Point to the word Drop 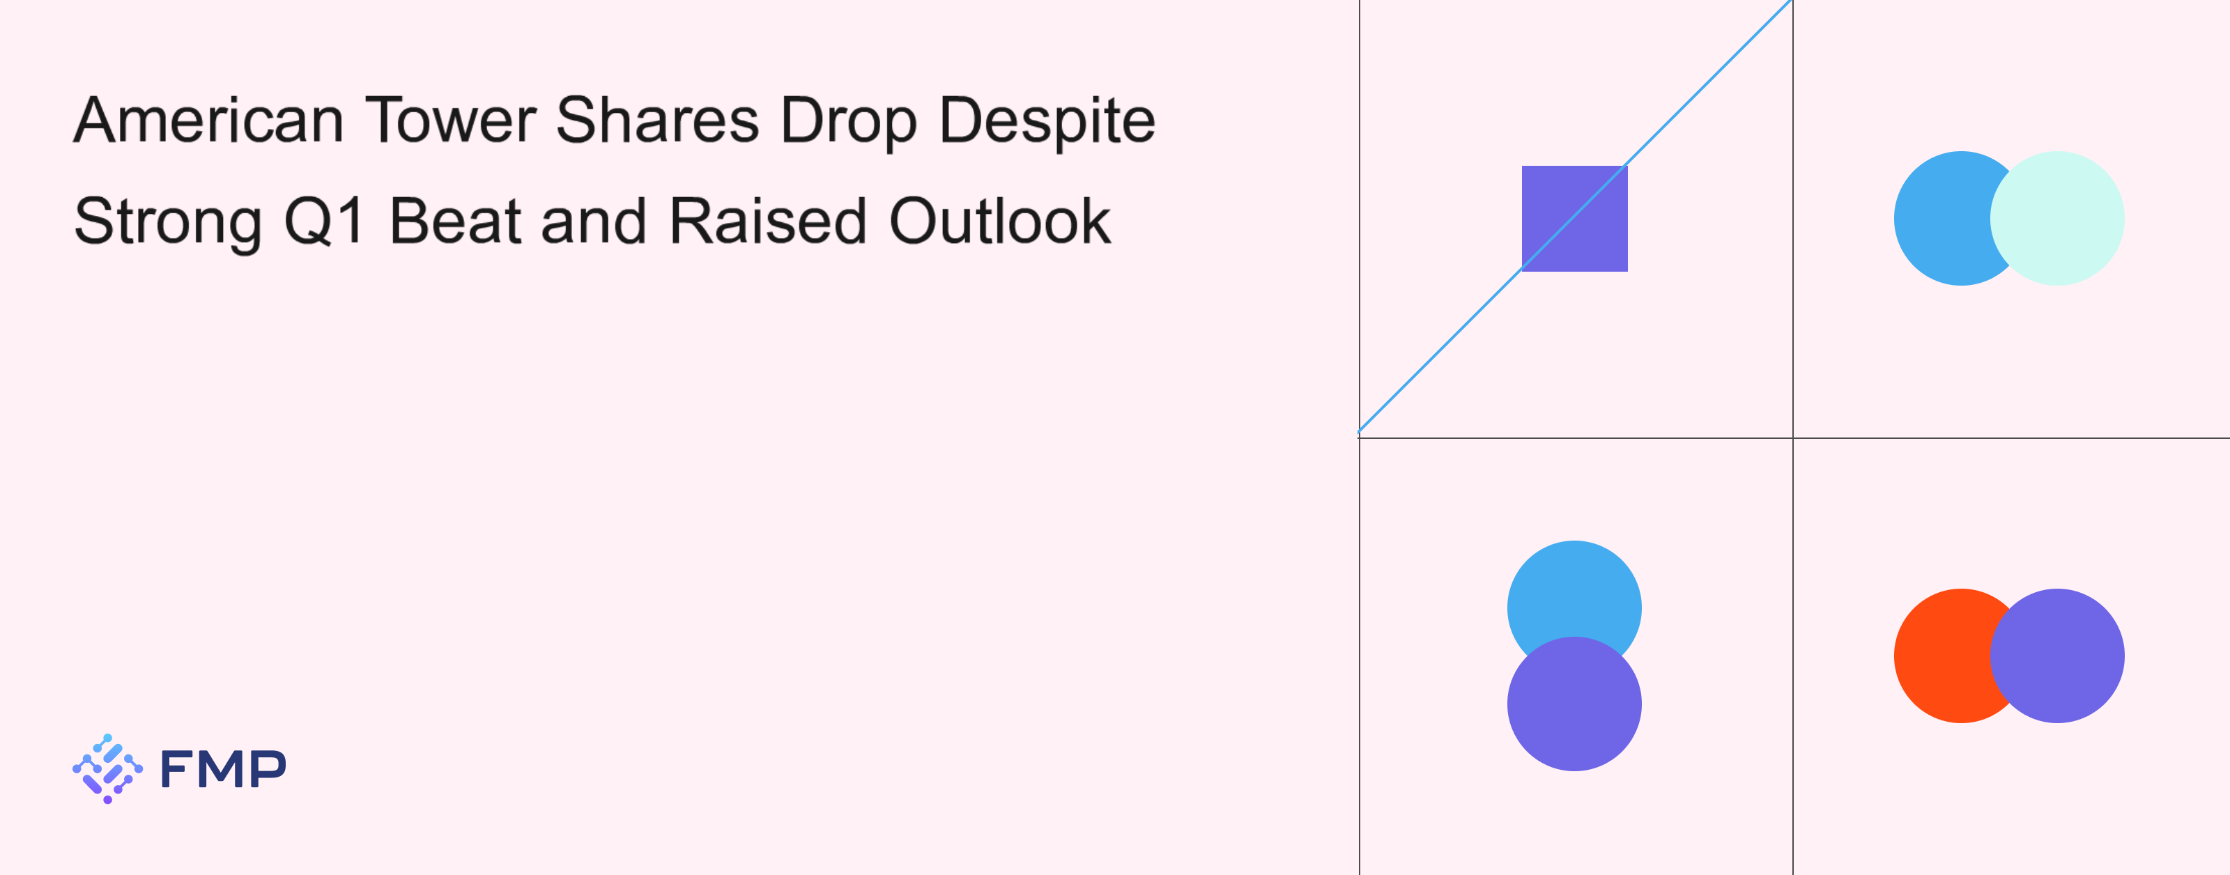click(x=848, y=121)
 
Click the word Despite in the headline click(x=1047, y=121)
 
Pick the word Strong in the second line click(x=168, y=222)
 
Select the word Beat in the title click(x=454, y=221)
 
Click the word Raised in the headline click(x=768, y=221)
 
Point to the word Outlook click(x=1000, y=221)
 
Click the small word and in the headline click(x=594, y=221)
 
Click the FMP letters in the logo click(x=223, y=768)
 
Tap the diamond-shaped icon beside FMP click(x=107, y=768)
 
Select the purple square click(x=1575, y=218)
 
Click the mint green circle click(x=2057, y=218)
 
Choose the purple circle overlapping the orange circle click(x=2057, y=656)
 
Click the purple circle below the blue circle click(x=1575, y=704)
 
